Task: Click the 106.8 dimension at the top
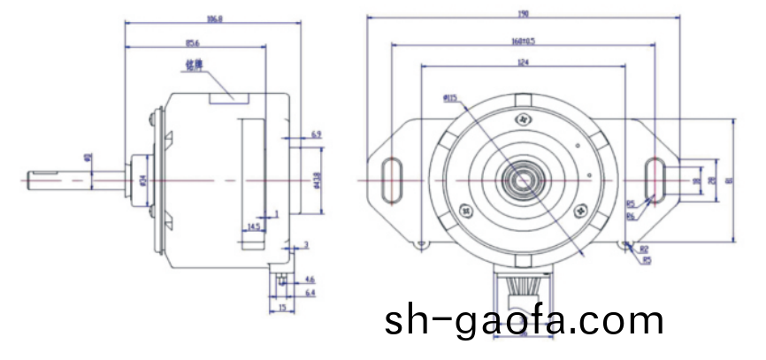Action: click(215, 19)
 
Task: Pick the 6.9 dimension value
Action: click(316, 134)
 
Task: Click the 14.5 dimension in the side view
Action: click(254, 226)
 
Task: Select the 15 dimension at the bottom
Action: click(281, 307)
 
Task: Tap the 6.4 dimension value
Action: click(310, 291)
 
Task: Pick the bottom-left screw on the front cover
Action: click(465, 211)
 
